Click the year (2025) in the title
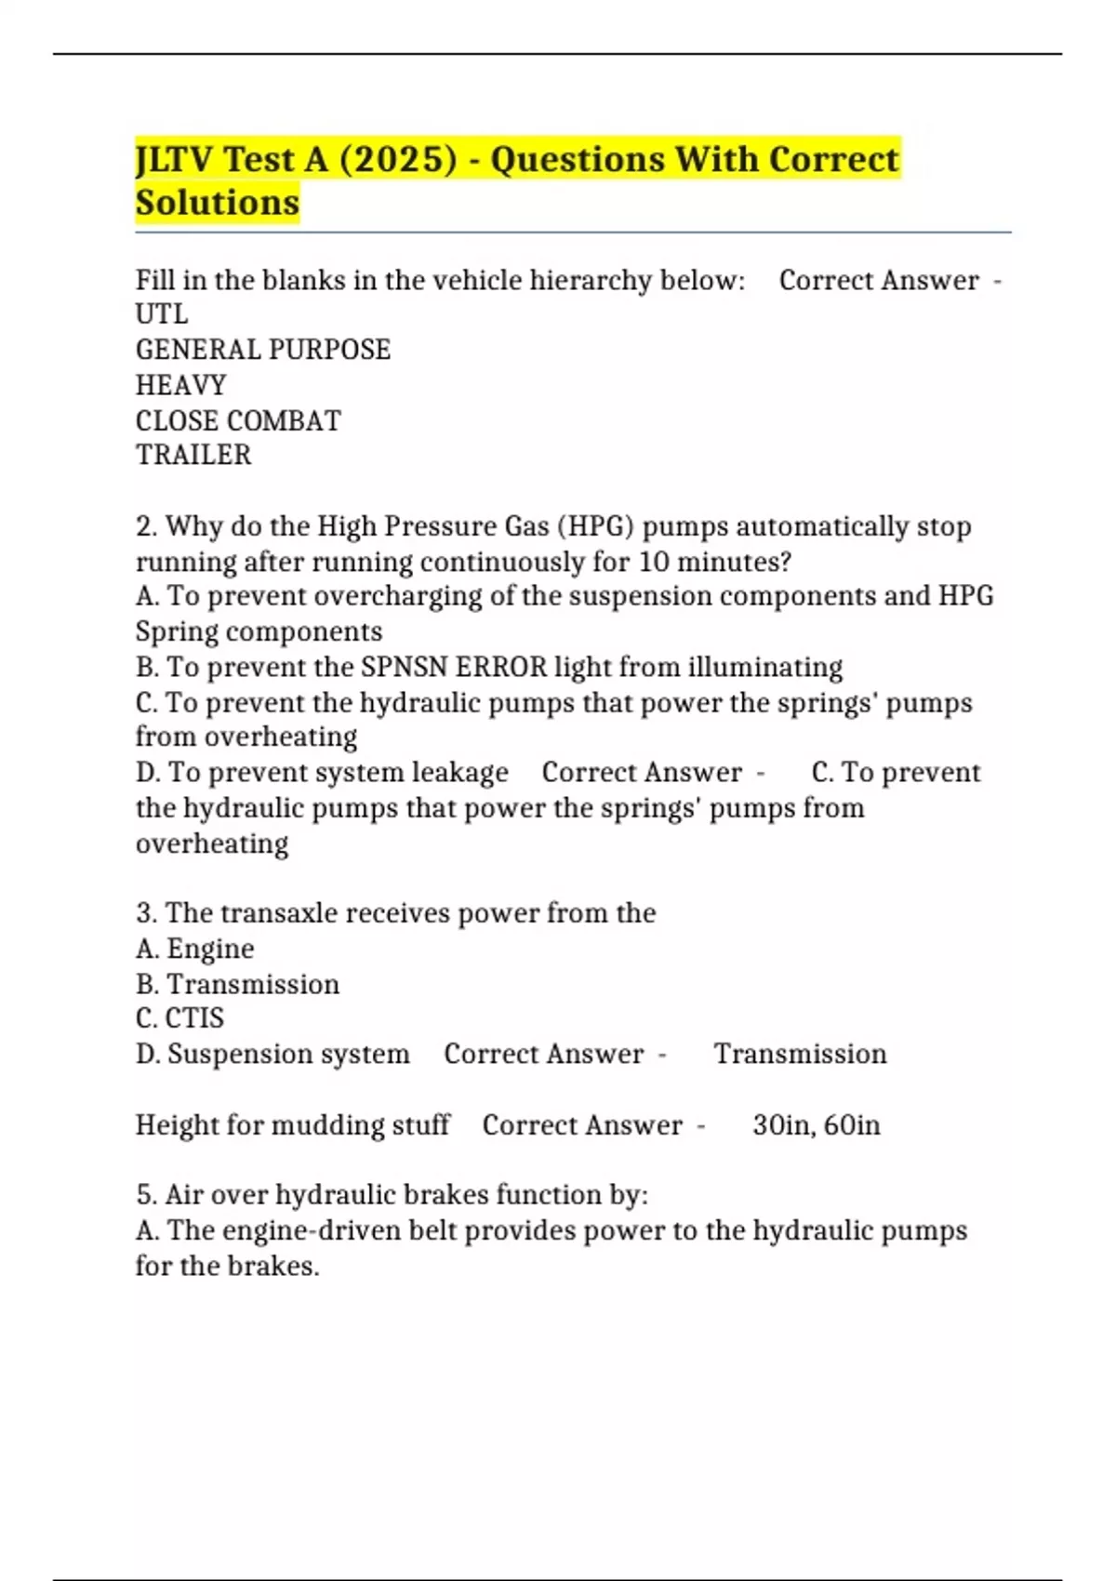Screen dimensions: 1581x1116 (398, 159)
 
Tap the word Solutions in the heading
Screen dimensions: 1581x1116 (218, 202)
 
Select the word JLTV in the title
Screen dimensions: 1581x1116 (175, 159)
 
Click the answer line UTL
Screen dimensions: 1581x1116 (162, 314)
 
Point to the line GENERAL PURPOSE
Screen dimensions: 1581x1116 (263, 350)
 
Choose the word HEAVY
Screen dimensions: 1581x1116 (181, 385)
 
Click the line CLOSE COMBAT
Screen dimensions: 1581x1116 (238, 420)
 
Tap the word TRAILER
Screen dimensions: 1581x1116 (193, 455)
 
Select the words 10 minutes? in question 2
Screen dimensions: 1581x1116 (714, 562)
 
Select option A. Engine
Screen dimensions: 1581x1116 (195, 949)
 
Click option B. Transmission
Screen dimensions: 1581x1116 (238, 984)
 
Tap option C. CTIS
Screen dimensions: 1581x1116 (180, 1018)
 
